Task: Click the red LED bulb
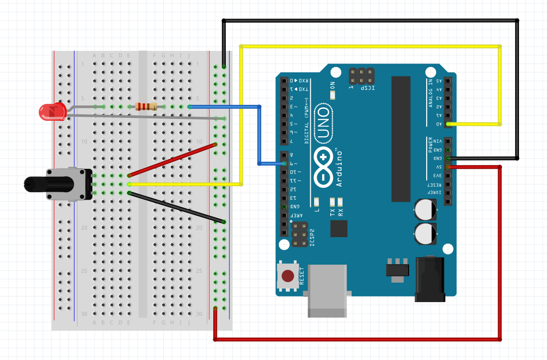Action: pos(52,111)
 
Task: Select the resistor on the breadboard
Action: pos(146,106)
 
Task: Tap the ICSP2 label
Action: pos(313,239)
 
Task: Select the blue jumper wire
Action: pos(259,135)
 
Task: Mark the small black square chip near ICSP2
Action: pos(339,229)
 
